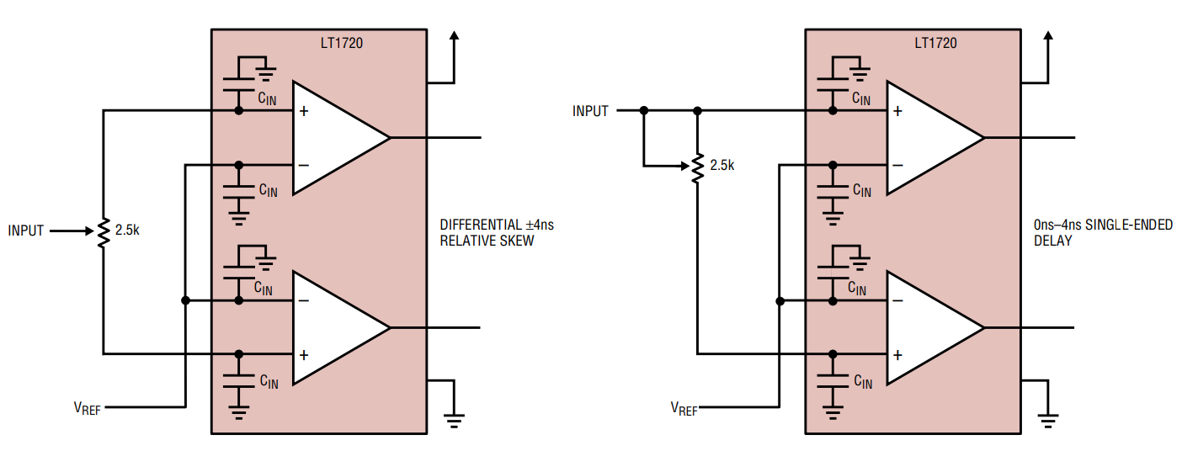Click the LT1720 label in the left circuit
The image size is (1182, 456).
[x=342, y=43]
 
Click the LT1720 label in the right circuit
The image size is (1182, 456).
[x=935, y=43]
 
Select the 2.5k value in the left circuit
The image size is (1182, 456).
[x=126, y=230]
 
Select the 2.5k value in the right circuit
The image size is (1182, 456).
[x=721, y=166]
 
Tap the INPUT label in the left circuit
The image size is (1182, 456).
[x=26, y=230]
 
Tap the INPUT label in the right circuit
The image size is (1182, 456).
[x=590, y=111]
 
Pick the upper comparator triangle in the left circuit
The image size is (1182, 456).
[x=337, y=138]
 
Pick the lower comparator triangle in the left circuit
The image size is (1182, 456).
[x=337, y=327]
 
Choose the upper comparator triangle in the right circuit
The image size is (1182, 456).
[x=930, y=138]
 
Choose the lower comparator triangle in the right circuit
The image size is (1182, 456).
[x=930, y=327]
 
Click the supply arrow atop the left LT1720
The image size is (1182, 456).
[x=455, y=38]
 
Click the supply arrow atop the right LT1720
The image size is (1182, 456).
[x=1048, y=38]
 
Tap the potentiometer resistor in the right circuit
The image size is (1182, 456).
[x=697, y=167]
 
